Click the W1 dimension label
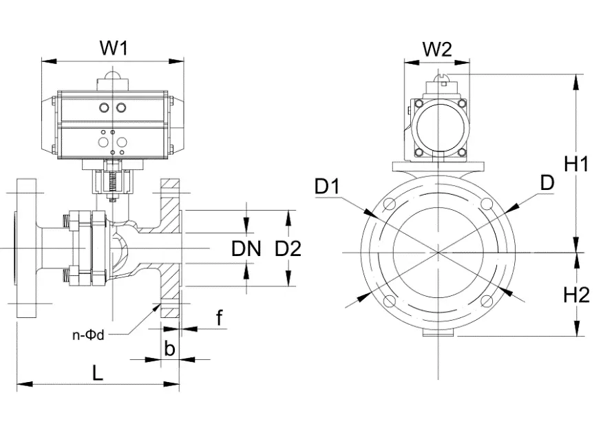pyautogui.click(x=114, y=48)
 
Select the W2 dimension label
pyautogui.click(x=436, y=49)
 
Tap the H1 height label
pyautogui.click(x=576, y=165)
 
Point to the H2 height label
pyautogui.click(x=576, y=295)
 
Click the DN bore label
pyautogui.click(x=246, y=248)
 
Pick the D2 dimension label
pyautogui.click(x=288, y=248)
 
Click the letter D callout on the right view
pyautogui.click(x=547, y=182)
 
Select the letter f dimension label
pyautogui.click(x=219, y=317)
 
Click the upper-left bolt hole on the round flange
pyautogui.click(x=389, y=204)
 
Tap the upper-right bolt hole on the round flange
pyautogui.click(x=487, y=204)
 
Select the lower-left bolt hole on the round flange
pyautogui.click(x=389, y=301)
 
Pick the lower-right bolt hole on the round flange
pyautogui.click(x=487, y=301)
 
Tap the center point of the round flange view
pyautogui.click(x=438, y=252)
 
